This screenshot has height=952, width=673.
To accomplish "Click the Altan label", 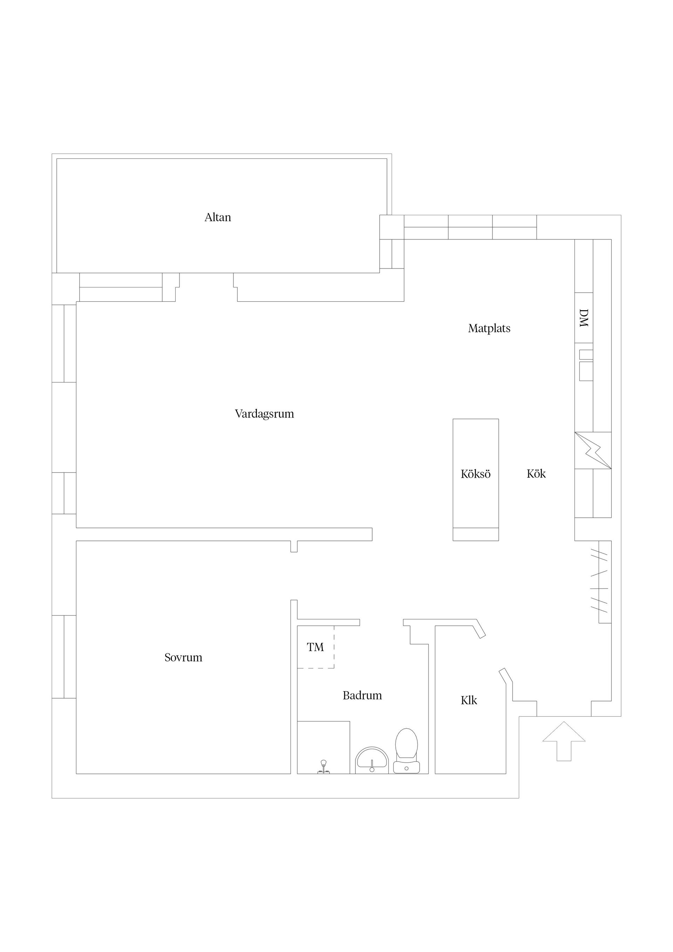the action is tap(218, 217).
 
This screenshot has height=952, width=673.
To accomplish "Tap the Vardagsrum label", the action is tap(265, 414).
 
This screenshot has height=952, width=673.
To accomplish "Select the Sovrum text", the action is tap(183, 658).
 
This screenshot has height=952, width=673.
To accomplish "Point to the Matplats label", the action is tap(489, 329).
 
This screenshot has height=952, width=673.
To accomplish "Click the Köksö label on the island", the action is tap(476, 474).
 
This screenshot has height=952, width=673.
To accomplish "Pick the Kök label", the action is tap(536, 474).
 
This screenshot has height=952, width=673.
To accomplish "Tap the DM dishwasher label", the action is tap(584, 318).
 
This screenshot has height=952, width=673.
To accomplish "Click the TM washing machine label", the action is tap(315, 647).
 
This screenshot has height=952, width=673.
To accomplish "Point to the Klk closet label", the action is tap(469, 701).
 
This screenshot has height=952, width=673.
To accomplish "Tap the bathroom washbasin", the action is tap(372, 760).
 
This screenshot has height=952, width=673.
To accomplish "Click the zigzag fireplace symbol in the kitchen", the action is tap(593, 451).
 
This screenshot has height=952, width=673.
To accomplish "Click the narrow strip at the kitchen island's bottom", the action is tap(476, 535).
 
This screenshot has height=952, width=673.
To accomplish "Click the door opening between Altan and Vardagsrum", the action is tap(206, 287).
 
